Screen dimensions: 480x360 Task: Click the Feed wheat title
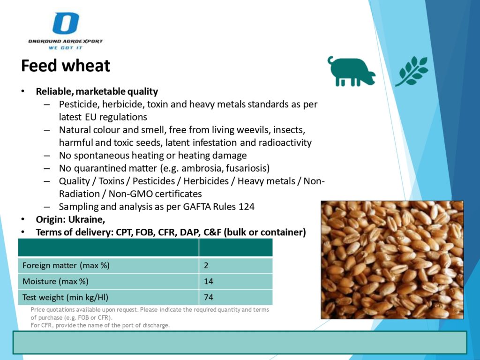point(66,66)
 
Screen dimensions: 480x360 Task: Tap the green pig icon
point(351,71)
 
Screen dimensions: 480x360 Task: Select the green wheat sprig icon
point(412,71)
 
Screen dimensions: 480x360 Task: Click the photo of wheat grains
point(392,260)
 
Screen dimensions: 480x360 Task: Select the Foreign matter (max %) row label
point(66,265)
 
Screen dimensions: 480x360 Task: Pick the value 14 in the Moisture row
point(209,281)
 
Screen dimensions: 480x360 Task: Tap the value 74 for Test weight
point(209,297)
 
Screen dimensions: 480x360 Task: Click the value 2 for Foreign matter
point(206,265)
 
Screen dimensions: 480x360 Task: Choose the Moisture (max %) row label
point(55,281)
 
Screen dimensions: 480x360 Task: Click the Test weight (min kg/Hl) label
point(65,297)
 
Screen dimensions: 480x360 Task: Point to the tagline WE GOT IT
point(66,48)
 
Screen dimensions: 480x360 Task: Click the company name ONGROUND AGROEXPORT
point(66,41)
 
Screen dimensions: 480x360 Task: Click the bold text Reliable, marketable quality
point(97,91)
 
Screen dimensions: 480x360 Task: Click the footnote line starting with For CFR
point(100,325)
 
